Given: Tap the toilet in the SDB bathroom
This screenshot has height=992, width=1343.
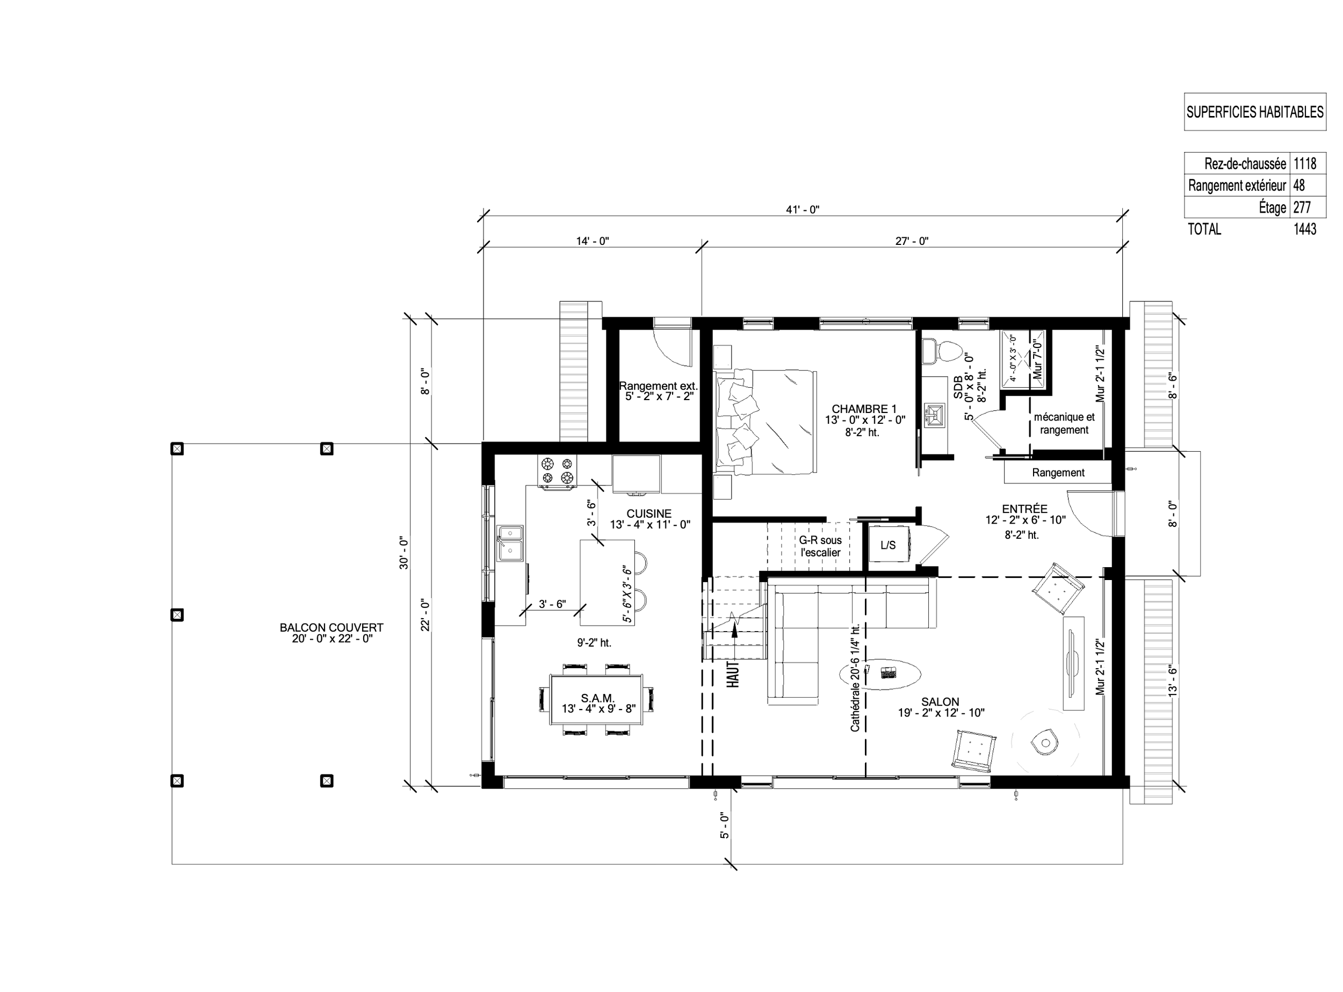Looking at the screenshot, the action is click(943, 350).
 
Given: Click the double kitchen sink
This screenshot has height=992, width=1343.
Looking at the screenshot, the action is click(510, 544).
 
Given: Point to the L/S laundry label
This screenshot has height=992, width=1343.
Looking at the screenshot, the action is click(888, 545).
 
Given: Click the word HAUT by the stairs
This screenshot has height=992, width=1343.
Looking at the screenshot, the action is click(733, 674).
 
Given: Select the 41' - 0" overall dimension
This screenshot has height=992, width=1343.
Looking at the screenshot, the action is click(803, 209).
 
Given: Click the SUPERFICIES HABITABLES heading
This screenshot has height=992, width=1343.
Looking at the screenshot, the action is click(1255, 112).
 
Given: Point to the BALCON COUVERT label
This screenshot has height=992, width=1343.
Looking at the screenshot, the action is click(331, 627).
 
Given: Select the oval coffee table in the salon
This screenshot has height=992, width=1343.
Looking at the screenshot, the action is click(879, 674).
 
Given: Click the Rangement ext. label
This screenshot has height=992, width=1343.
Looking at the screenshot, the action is click(658, 386).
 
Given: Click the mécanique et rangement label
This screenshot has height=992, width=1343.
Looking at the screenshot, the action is click(1064, 423).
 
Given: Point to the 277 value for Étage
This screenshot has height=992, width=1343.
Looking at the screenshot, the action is click(1302, 207).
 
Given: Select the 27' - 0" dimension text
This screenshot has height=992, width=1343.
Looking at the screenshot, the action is click(912, 241).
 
